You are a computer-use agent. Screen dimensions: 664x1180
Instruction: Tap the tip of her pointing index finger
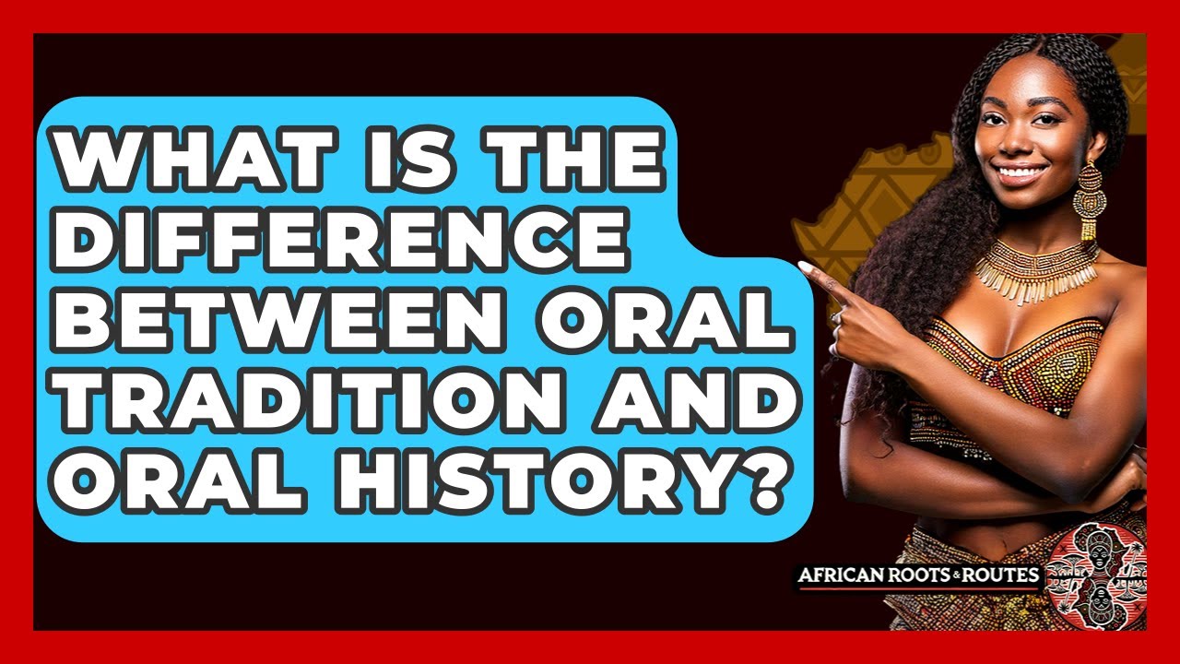point(803,267)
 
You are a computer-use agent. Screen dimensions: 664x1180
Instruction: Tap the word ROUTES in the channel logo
point(1005,577)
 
